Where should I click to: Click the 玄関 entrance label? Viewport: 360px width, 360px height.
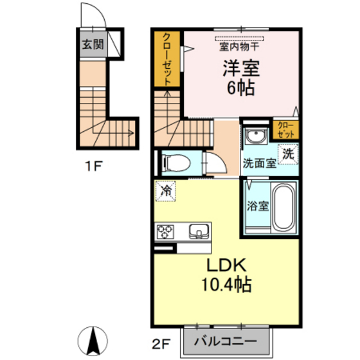coord(92,44)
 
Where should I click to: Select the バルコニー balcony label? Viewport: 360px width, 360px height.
coord(225,341)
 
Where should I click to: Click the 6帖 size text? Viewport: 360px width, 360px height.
coord(241,87)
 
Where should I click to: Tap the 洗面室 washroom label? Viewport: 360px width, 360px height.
coord(259,163)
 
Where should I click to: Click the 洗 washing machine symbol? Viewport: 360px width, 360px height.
coord(290,154)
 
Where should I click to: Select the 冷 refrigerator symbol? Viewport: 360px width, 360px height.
coord(166,191)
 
